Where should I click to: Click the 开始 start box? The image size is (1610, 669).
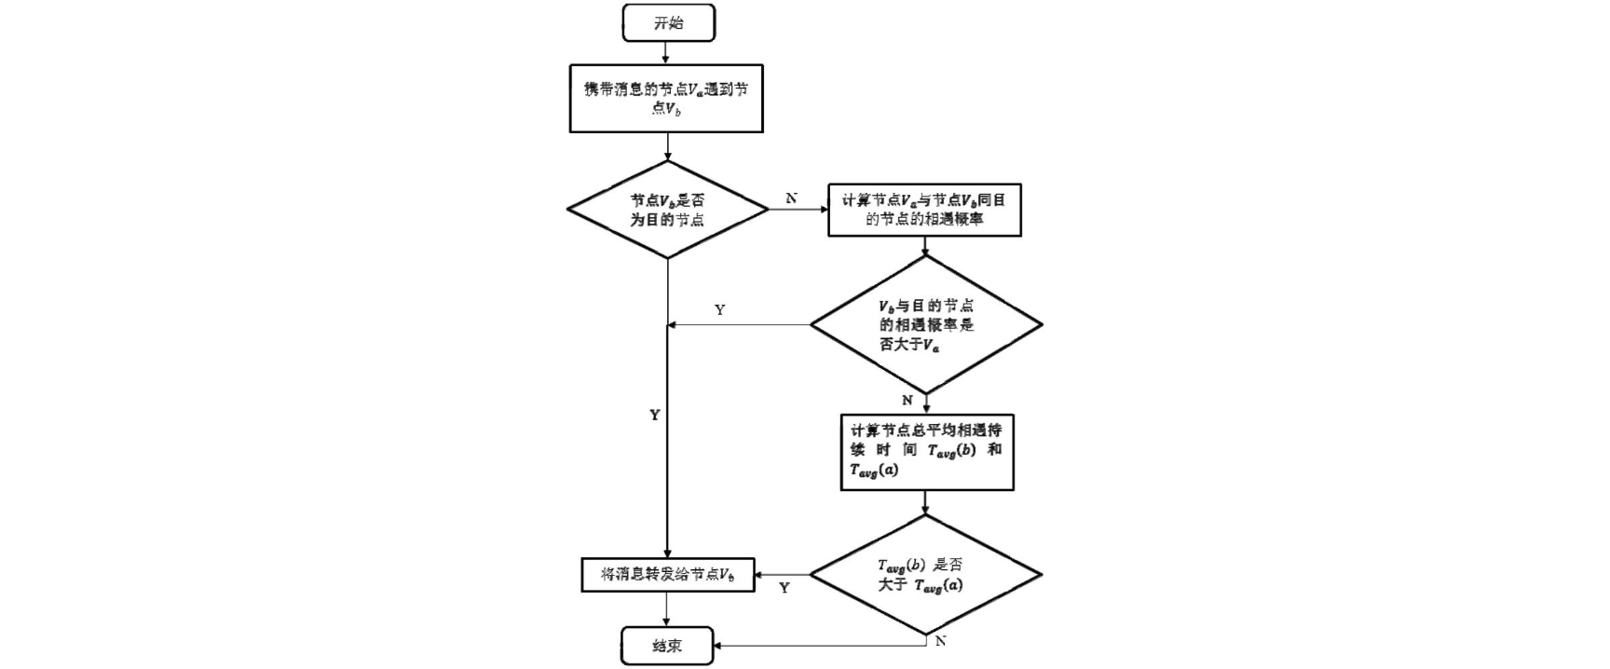668,23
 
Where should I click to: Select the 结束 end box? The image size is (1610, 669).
667,645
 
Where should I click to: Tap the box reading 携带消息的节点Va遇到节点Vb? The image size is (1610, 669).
666,99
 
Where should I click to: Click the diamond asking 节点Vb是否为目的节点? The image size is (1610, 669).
667,210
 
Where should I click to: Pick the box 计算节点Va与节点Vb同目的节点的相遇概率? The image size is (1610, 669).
924,210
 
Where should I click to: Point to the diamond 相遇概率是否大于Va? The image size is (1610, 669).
925,325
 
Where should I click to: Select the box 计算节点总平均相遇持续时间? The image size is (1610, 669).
926,452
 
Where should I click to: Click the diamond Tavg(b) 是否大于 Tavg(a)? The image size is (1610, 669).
925,575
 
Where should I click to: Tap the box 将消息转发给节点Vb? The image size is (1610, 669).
667,575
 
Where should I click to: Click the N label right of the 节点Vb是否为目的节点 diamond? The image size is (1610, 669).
791,198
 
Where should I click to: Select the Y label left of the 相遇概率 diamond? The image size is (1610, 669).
719,310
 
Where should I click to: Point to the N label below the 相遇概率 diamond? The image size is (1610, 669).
907,401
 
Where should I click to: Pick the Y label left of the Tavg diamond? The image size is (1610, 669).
784,588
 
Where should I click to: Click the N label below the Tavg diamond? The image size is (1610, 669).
940,641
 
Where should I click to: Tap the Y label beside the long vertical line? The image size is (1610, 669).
654,416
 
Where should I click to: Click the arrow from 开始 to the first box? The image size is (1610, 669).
668,53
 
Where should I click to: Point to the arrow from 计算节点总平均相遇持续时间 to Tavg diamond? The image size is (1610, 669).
925,503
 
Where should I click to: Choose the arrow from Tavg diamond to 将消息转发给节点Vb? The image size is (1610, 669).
783,575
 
